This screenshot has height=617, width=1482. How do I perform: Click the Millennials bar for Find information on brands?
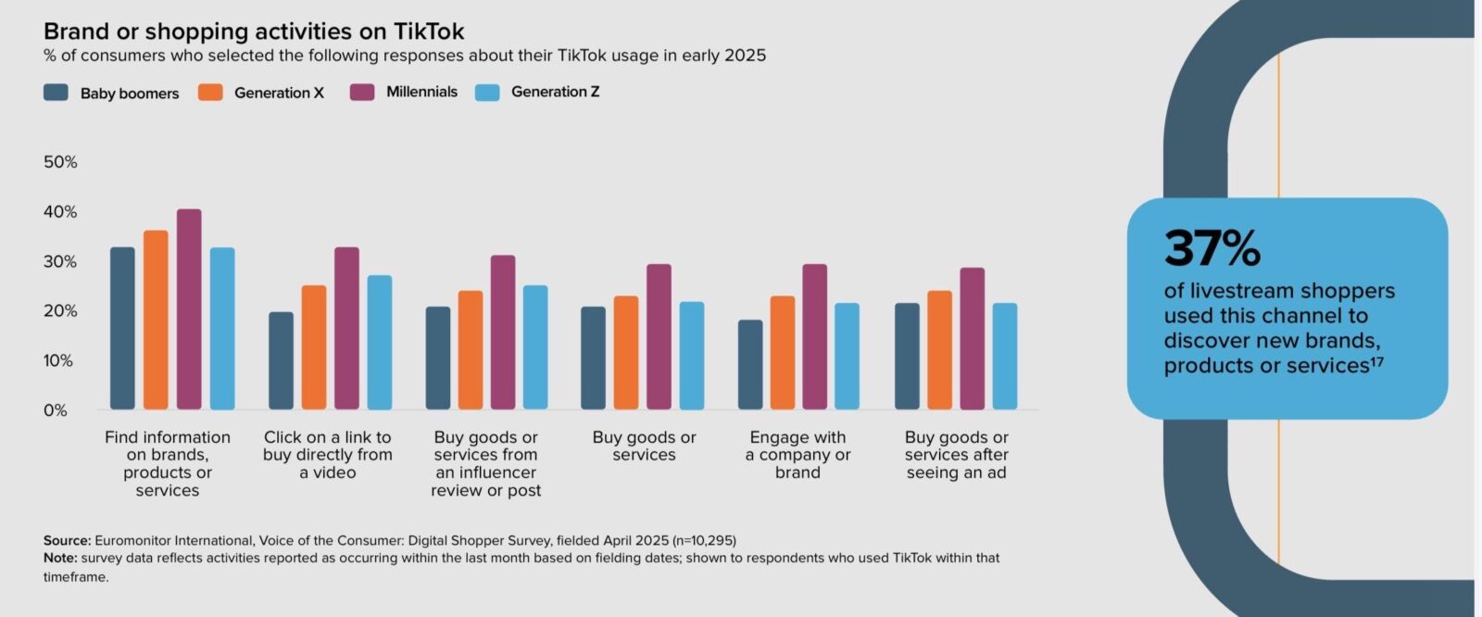coord(189,309)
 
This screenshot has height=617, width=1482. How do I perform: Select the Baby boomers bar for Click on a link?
coord(281,361)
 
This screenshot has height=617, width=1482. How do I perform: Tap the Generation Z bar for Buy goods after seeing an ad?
coord(1005,357)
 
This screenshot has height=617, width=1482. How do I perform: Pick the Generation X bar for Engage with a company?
coord(783,353)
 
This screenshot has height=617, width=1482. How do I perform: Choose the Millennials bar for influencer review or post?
coord(503,333)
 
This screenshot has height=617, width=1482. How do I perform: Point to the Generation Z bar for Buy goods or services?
coord(692,356)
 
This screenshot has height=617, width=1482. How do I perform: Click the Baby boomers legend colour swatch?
coord(57,93)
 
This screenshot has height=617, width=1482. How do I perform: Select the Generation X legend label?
coord(279,93)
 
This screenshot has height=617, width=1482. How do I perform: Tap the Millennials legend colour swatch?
coord(362,93)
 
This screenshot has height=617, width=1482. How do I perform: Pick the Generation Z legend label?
coord(555,92)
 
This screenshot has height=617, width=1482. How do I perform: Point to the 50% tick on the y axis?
coord(60,162)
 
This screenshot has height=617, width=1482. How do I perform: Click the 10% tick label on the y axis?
coord(58,360)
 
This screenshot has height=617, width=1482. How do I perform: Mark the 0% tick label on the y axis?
coord(56,410)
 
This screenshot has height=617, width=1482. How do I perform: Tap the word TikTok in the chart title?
coord(429,31)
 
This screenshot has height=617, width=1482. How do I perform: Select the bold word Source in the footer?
coord(67,540)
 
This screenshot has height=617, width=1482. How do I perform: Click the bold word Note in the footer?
coord(60,558)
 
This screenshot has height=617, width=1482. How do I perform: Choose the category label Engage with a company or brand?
coord(798,455)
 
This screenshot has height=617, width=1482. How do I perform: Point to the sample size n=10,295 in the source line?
coord(705,540)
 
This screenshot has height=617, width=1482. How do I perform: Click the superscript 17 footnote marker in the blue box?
coord(1376,361)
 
